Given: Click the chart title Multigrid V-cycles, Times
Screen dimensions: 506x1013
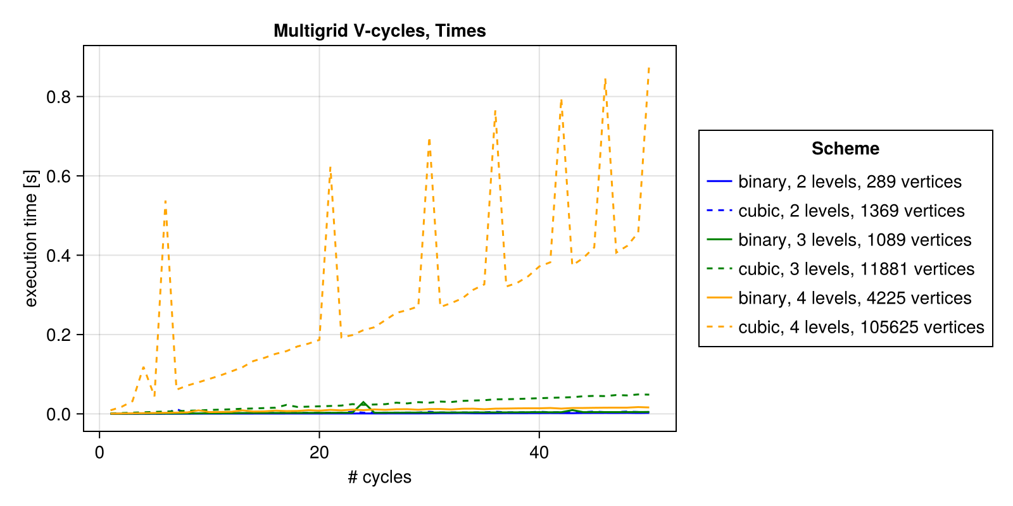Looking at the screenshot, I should (379, 30).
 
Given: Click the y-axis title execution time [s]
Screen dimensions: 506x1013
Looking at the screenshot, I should (31, 238).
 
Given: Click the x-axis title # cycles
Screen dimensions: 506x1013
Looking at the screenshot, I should (379, 477).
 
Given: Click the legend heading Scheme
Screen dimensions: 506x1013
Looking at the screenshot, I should (845, 149).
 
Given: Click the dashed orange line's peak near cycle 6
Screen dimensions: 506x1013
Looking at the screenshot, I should (165, 201).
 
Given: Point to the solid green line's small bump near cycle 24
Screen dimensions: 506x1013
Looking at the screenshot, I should (363, 402).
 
